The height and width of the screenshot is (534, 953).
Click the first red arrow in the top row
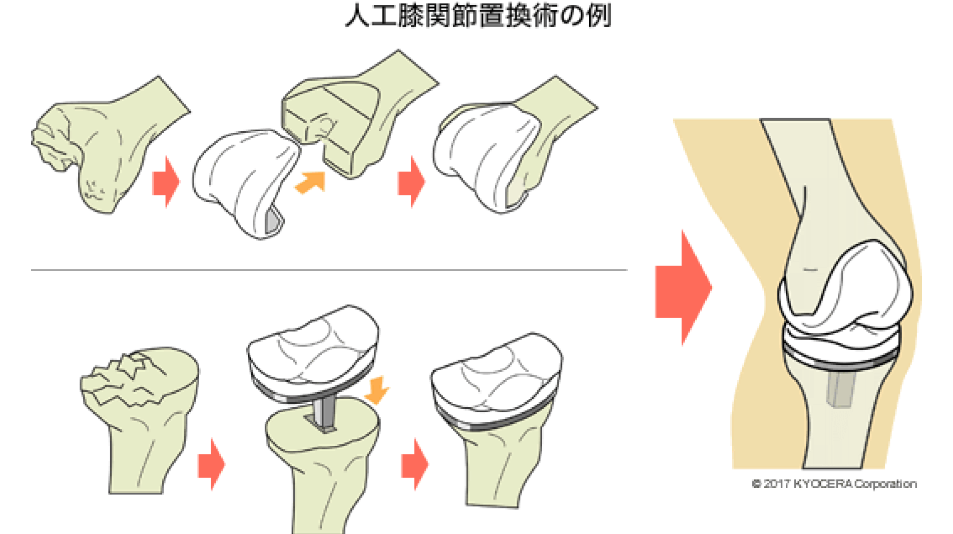(166, 181)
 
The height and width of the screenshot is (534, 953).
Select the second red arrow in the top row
(411, 181)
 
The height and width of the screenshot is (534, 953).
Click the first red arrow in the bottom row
(212, 464)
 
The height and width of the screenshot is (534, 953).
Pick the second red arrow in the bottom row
(415, 464)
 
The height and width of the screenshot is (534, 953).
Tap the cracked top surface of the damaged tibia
(135, 376)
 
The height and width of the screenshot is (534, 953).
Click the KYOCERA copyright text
(834, 484)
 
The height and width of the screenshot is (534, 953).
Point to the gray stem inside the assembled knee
(841, 388)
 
